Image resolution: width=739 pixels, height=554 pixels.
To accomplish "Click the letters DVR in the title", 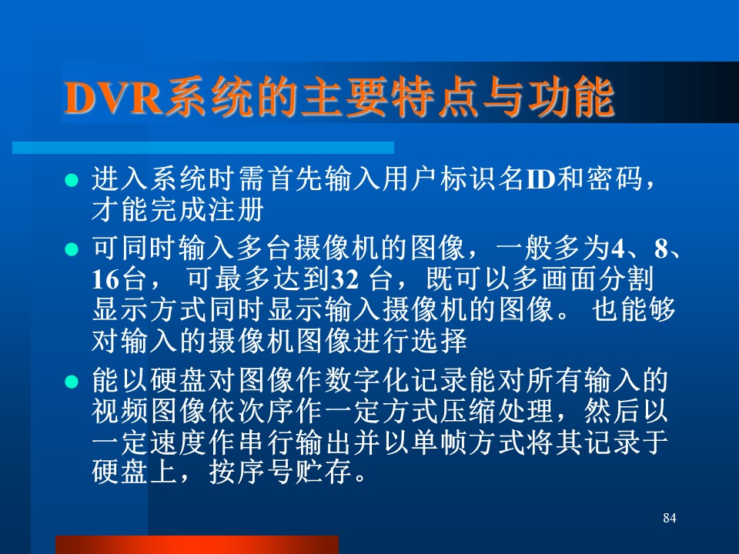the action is tap(113, 98).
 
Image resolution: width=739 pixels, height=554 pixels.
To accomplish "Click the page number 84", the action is tap(669, 518).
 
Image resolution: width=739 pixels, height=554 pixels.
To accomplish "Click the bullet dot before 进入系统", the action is tap(72, 180).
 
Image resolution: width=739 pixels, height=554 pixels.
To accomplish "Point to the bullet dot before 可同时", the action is tap(72, 249).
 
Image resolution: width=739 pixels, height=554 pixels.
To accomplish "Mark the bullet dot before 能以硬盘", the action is tap(72, 381).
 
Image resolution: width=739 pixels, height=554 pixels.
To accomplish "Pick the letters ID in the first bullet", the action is tap(540, 179).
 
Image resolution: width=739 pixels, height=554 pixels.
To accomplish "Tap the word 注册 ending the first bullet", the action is tap(236, 210).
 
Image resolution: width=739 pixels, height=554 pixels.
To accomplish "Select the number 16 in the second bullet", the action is tap(105, 279).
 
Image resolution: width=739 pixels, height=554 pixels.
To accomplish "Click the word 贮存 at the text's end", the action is tap(323, 472).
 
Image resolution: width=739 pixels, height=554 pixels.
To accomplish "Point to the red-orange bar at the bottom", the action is tap(197, 545).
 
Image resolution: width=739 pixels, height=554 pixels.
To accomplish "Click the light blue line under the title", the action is tap(203, 148).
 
